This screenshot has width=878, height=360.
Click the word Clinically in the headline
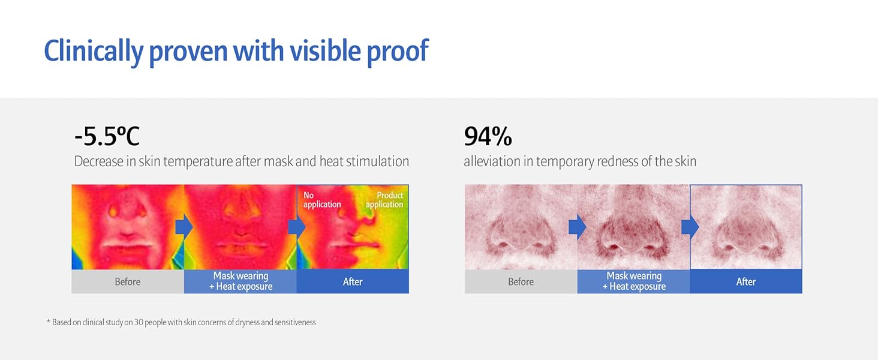point(94,52)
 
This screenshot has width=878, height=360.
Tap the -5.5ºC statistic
point(107,136)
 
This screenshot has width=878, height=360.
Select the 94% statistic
point(488,137)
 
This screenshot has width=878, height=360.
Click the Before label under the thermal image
point(127,281)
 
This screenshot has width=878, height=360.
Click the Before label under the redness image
point(521,281)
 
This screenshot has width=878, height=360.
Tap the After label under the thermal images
point(353,281)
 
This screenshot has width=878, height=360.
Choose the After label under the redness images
point(746,281)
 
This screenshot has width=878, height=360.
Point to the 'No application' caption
point(322,200)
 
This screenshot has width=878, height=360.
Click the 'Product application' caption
point(385,200)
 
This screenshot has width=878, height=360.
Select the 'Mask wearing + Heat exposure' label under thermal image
point(240,281)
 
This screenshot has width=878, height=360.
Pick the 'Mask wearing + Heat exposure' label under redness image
point(634,281)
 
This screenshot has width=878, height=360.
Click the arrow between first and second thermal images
point(184,227)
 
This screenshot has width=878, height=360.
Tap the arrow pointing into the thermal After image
point(297,227)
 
